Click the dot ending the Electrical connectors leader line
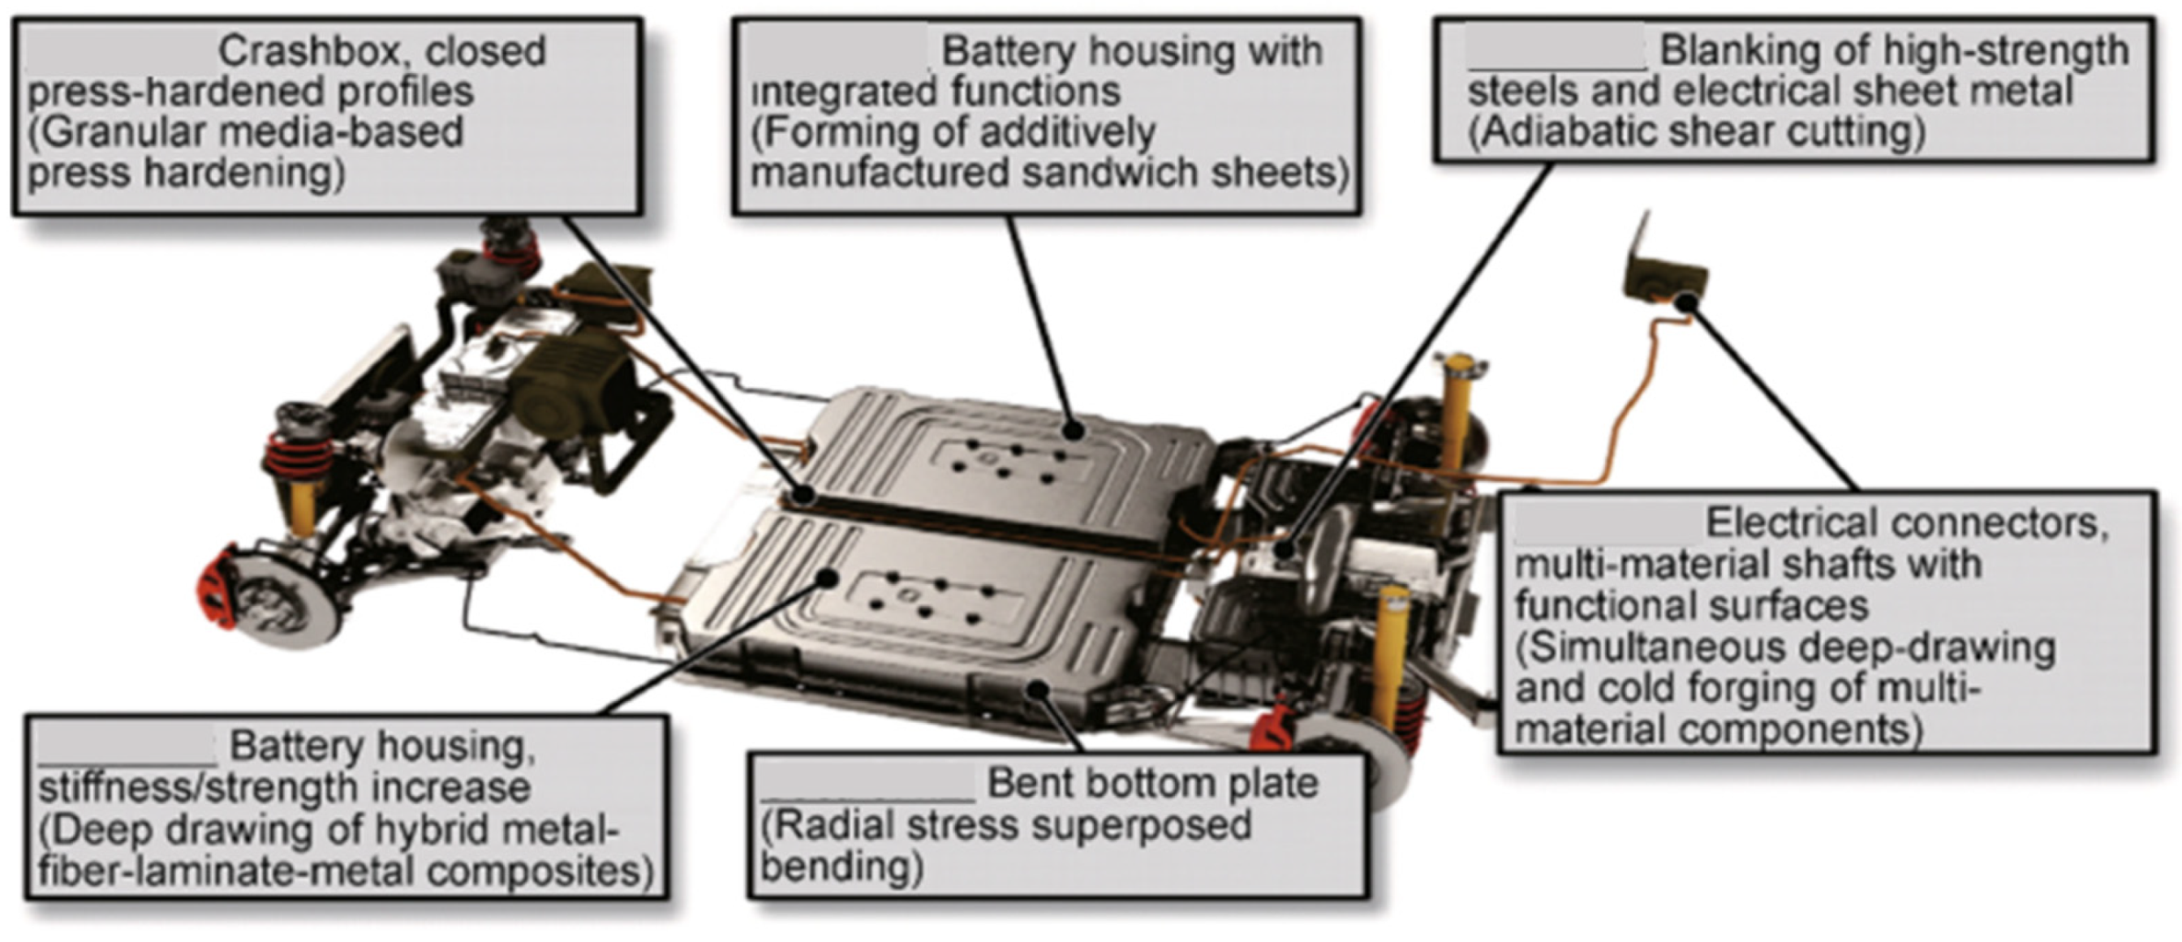coord(1686,302)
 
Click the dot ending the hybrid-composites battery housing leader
coord(828,578)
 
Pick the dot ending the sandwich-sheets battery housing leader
coord(1074,430)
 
